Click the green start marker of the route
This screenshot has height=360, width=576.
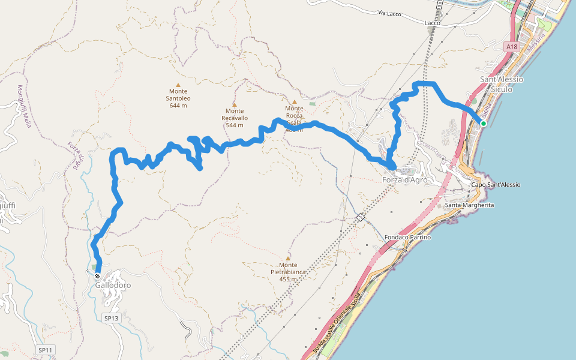[x=483, y=124]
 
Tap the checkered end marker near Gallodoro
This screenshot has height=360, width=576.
[x=97, y=276]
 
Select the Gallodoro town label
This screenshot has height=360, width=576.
[x=113, y=286]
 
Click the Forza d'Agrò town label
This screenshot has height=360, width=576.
[x=405, y=180]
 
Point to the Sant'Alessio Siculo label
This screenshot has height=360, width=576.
[x=502, y=84]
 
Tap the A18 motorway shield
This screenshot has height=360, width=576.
[x=511, y=46]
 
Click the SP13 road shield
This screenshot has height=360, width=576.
[x=111, y=317]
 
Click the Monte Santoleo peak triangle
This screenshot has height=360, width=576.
[x=178, y=85]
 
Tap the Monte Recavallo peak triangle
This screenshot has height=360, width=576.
[x=235, y=104]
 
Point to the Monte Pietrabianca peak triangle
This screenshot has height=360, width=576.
[x=288, y=259]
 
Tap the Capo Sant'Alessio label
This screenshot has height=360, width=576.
[x=495, y=185]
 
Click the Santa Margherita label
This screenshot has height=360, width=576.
[x=469, y=205]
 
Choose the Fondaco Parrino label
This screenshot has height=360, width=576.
[x=407, y=238]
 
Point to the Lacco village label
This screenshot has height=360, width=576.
[x=432, y=23]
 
